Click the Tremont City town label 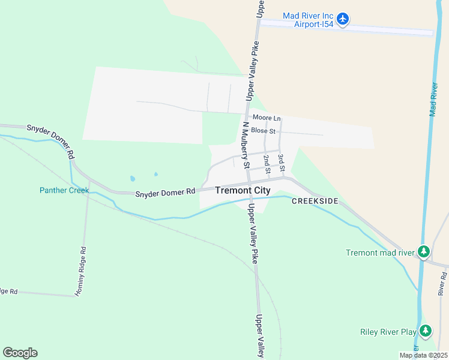click(x=243, y=190)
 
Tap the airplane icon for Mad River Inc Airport click(x=343, y=20)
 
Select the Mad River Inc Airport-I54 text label click(x=309, y=20)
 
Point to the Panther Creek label click(x=64, y=190)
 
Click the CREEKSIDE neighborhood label click(x=315, y=201)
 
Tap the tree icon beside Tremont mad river click(x=424, y=252)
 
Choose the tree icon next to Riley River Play click(x=426, y=331)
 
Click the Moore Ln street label click(x=267, y=118)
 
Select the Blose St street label click(x=264, y=131)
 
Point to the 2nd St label click(x=267, y=164)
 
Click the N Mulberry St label click(x=246, y=145)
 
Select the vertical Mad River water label click(x=434, y=100)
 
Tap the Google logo click(x=20, y=353)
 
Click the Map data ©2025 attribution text click(x=423, y=355)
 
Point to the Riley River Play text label click(x=388, y=331)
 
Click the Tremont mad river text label click(x=380, y=253)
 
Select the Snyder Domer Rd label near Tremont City click(x=166, y=192)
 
